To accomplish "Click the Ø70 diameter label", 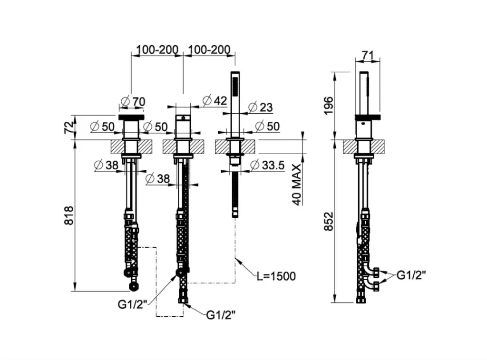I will coord(133,101).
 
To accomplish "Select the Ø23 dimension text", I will coord(261,107).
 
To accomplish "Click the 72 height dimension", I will coord(68,127).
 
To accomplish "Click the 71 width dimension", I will coord(367,56).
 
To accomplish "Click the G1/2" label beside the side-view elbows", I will coord(411,275).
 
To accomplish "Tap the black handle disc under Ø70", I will coord(130,116).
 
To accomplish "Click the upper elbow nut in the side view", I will coord(376,273).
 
